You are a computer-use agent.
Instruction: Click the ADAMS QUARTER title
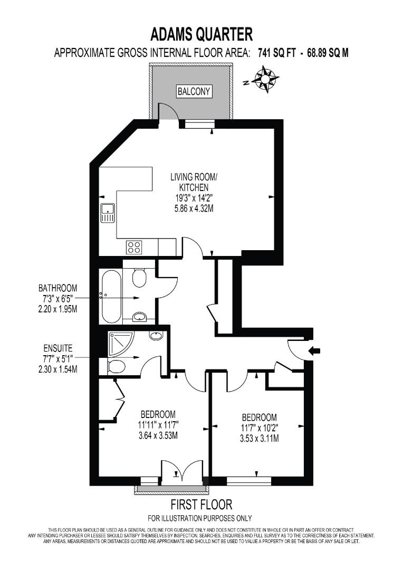click(x=201, y=35)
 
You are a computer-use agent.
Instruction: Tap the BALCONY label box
click(x=194, y=91)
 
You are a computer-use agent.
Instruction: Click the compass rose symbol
click(x=266, y=79)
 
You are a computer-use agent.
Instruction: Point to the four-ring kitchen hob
click(x=134, y=246)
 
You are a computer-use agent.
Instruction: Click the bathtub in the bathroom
click(x=110, y=297)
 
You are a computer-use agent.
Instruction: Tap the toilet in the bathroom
click(x=139, y=277)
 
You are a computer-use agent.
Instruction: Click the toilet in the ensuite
click(x=116, y=366)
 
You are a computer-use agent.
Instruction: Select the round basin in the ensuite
click(x=157, y=336)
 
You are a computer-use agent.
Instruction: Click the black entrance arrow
click(x=315, y=350)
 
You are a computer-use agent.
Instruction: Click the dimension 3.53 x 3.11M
click(x=260, y=438)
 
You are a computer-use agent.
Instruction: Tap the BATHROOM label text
click(x=57, y=288)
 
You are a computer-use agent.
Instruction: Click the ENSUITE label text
click(x=57, y=348)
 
